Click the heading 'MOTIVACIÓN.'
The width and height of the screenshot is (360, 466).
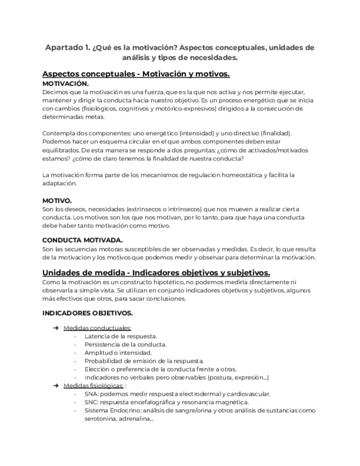(x=65, y=84)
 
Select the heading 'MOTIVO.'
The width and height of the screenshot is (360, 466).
(x=57, y=201)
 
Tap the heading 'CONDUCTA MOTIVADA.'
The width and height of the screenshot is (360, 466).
(x=82, y=240)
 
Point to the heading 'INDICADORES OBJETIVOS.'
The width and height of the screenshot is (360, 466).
(x=87, y=313)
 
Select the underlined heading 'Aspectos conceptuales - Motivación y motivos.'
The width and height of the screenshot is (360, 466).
(x=136, y=74)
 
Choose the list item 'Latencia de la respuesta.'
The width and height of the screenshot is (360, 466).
(x=121, y=336)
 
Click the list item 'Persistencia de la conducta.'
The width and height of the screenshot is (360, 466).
(x=126, y=344)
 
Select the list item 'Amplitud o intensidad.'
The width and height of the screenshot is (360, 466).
(x=118, y=352)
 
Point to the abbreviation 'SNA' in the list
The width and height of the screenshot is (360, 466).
(x=92, y=394)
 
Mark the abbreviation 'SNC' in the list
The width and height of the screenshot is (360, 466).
(x=92, y=402)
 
